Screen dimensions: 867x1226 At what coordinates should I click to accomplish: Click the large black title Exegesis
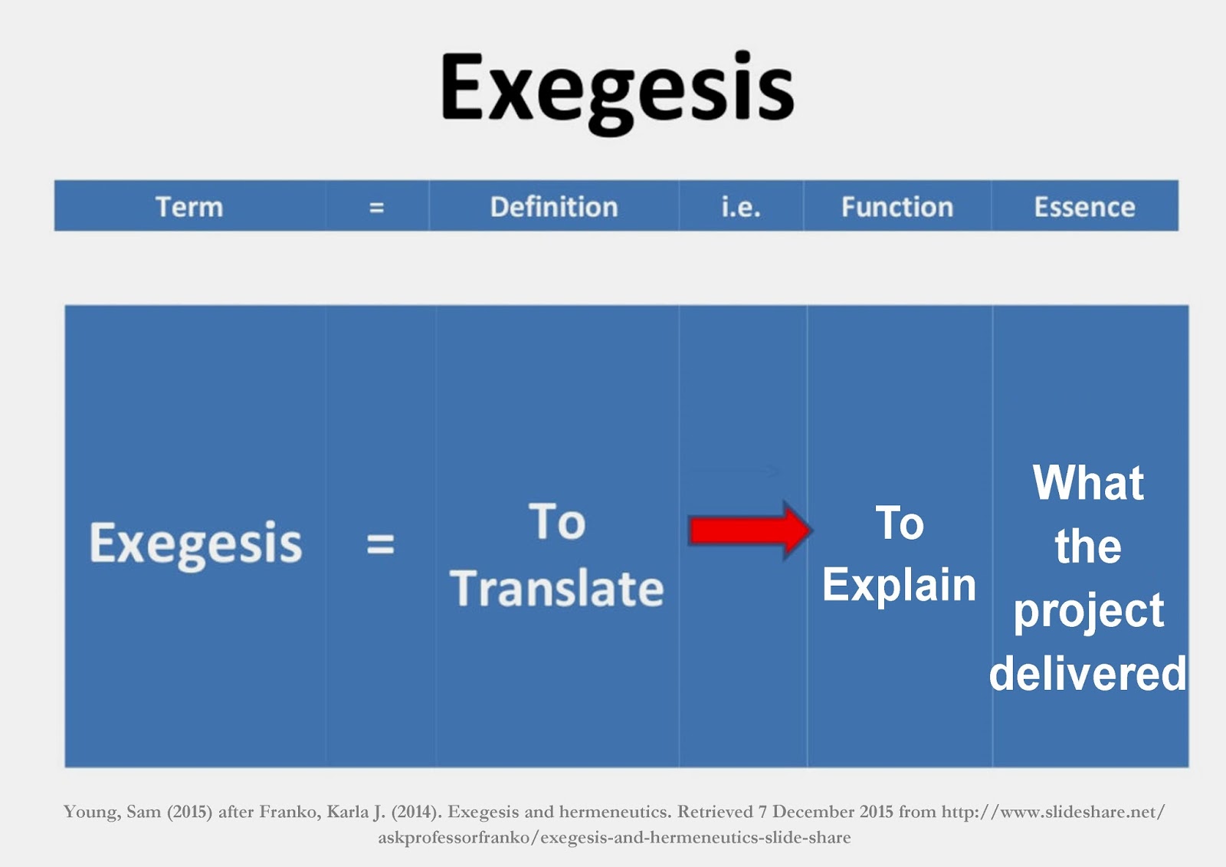tap(617, 90)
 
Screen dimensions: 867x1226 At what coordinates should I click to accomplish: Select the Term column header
tap(189, 207)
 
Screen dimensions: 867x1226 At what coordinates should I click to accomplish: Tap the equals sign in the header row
tap(376, 207)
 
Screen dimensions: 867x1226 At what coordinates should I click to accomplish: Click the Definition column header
tap(554, 207)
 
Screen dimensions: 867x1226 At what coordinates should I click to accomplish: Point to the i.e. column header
tap(741, 207)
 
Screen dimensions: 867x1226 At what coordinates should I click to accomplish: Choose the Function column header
tap(897, 207)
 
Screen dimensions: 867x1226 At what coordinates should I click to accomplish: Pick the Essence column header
tap(1084, 207)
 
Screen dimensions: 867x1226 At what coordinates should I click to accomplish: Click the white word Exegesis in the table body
tap(195, 544)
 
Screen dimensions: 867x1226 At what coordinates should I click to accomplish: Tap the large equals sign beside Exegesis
tap(380, 544)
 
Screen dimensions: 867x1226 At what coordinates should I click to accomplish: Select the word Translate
tap(557, 588)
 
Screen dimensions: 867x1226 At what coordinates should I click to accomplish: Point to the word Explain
tap(899, 585)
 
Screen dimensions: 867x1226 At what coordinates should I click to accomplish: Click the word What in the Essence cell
tap(1088, 483)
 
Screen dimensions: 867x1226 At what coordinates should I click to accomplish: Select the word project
tap(1088, 611)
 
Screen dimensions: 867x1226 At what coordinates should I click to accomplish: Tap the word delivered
tap(1088, 673)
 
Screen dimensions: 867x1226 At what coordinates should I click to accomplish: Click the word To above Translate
tap(557, 522)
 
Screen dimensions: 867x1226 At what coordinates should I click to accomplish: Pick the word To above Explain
tap(900, 524)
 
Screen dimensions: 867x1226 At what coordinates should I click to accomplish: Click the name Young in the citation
tap(90, 812)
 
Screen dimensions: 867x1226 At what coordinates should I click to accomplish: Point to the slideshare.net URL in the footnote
tap(1053, 812)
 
